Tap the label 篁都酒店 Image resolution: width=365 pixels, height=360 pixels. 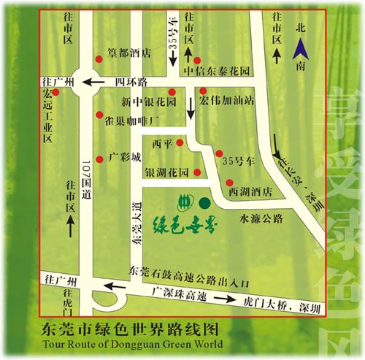click(x=129, y=53)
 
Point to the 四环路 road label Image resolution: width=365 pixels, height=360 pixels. click(x=132, y=82)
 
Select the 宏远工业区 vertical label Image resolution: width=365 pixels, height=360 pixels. click(x=48, y=116)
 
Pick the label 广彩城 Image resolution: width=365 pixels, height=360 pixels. click(x=124, y=156)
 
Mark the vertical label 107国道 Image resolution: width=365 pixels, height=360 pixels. click(x=86, y=177)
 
